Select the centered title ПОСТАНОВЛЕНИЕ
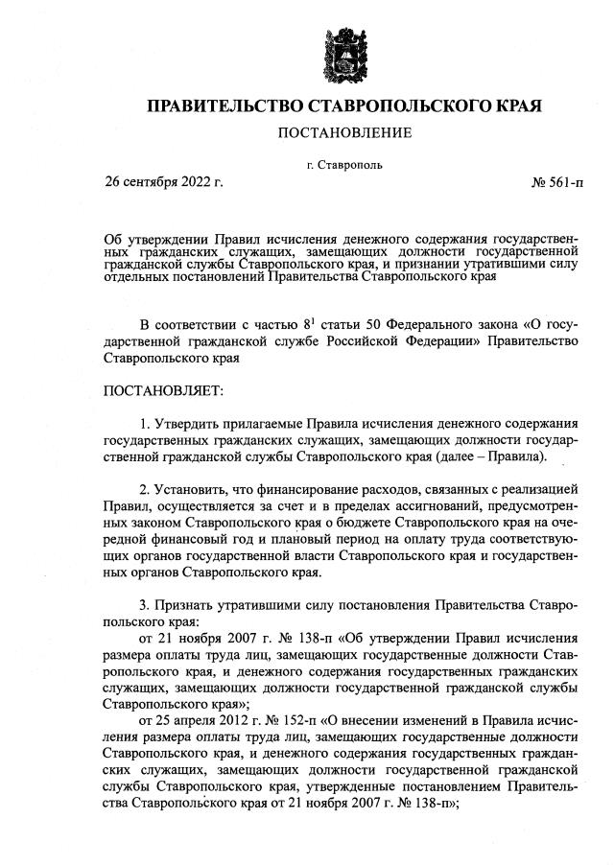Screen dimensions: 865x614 pyautogui.click(x=344, y=132)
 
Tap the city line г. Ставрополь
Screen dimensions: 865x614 pyautogui.click(x=344, y=164)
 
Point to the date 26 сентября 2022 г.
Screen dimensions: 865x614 pyautogui.click(x=164, y=182)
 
